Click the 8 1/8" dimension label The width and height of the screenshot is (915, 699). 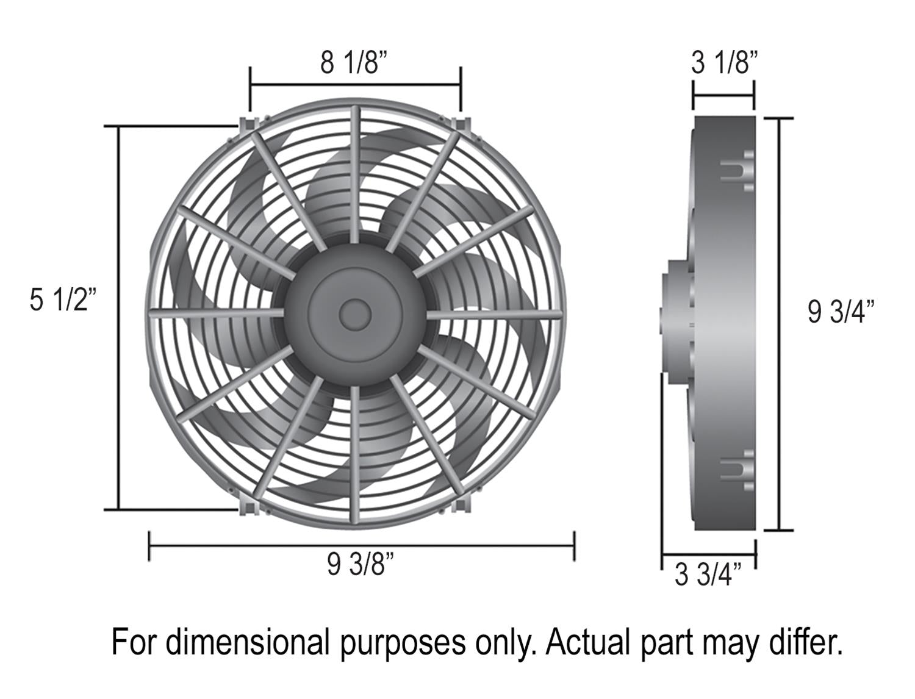pos(354,62)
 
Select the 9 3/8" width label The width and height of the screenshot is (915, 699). pos(360,564)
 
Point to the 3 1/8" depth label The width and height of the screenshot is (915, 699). pos(724,62)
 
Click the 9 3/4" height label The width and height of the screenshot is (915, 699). pos(841,312)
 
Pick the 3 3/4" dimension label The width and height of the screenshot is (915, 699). pos(708,575)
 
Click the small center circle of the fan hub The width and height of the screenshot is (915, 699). pos(355,314)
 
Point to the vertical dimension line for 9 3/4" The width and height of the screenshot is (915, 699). pos(779,323)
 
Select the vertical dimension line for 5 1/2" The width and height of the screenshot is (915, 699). pos(118,317)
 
